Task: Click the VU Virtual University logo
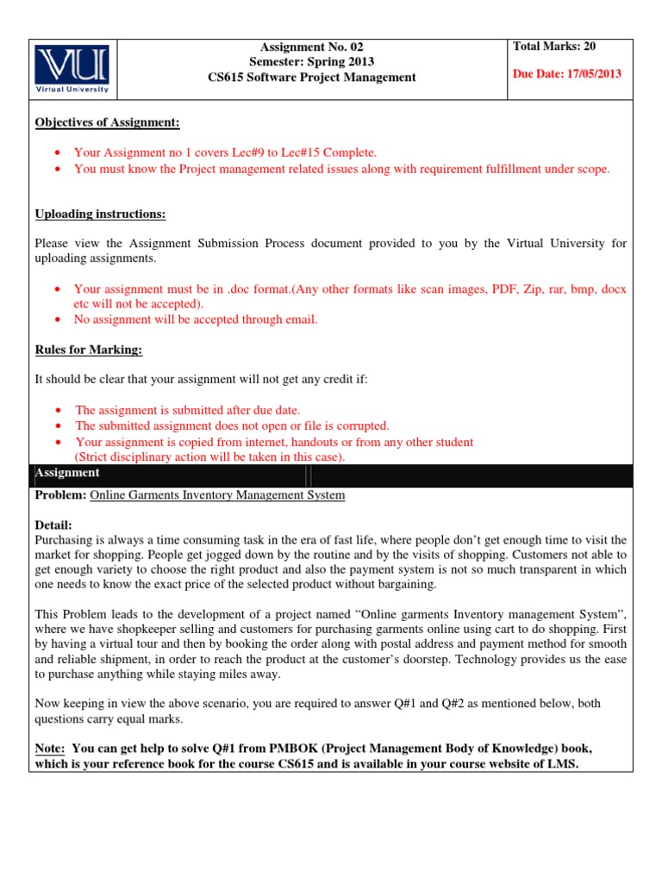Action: [72, 69]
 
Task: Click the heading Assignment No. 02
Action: [312, 47]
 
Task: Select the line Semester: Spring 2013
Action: [312, 62]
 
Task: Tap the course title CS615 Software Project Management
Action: [312, 78]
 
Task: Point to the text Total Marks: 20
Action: [554, 47]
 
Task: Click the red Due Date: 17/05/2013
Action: [566, 74]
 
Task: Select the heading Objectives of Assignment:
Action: [108, 123]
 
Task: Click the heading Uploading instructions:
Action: [100, 214]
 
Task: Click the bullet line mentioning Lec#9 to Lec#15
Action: [226, 152]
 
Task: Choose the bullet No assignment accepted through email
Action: [196, 320]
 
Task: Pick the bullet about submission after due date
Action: [187, 410]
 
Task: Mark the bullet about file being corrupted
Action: [232, 425]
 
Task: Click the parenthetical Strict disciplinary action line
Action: [209, 457]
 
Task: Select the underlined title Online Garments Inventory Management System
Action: [217, 495]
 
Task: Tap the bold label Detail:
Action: [53, 525]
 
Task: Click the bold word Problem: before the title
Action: [60, 495]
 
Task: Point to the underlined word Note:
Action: [50, 748]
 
